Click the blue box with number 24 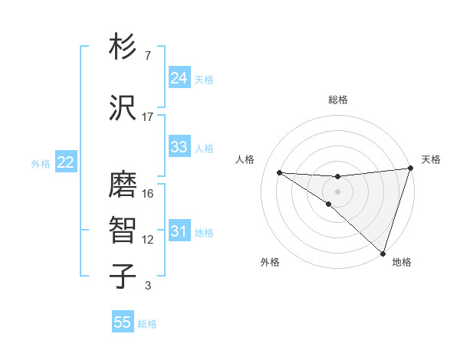click(179, 78)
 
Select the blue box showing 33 click(179, 147)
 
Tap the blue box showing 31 click(179, 231)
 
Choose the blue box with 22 click(65, 162)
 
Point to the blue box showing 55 click(123, 322)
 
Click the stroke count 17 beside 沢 click(148, 117)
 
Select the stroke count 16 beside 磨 click(148, 194)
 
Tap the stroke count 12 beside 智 click(148, 240)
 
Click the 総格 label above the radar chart click(338, 100)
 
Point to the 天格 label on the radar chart click(431, 159)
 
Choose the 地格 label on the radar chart click(402, 262)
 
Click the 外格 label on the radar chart click(270, 262)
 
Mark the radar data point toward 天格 click(410, 169)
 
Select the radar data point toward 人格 click(279, 172)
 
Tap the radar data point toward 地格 click(382, 253)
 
